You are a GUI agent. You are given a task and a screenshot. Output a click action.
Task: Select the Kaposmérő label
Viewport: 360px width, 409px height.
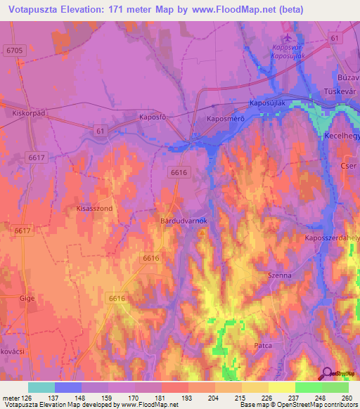pyautogui.click(x=225, y=119)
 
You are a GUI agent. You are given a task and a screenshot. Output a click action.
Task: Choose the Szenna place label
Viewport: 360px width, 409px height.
pyautogui.click(x=279, y=276)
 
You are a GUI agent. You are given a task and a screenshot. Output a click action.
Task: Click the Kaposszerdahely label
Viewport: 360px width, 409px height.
pyautogui.click(x=332, y=238)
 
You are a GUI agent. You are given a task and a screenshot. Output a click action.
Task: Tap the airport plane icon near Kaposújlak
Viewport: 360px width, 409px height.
pyautogui.click(x=287, y=37)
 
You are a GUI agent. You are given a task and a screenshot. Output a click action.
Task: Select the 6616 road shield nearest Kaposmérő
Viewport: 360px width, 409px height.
pyautogui.click(x=179, y=172)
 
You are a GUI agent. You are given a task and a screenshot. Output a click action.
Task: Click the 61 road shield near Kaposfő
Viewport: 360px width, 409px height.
pyautogui.click(x=99, y=130)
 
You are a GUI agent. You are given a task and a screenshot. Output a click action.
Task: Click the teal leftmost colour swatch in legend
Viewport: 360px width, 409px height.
pyautogui.click(x=41, y=387)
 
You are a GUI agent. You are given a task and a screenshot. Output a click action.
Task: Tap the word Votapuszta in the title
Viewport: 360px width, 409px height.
pyautogui.click(x=34, y=10)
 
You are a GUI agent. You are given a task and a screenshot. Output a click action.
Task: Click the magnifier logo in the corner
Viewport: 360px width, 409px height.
pyautogui.click(x=326, y=374)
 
